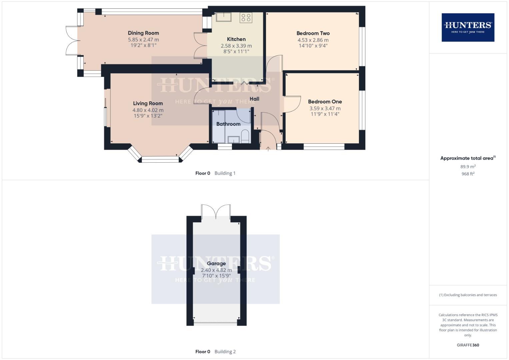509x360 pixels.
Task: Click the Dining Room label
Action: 143,33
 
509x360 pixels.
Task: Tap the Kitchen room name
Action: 236,39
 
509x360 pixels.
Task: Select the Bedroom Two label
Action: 313,33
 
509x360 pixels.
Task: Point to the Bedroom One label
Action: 325,102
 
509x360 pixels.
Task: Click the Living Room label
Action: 148,103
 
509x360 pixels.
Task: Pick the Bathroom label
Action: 228,124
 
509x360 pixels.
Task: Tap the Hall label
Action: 254,99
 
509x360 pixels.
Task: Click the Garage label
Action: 216,263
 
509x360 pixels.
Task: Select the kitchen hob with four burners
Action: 246,18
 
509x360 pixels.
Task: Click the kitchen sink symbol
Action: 224,17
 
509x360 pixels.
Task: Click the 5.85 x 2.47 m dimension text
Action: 143,40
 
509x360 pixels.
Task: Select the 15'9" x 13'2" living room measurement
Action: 148,116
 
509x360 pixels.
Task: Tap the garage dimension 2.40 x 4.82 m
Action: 216,270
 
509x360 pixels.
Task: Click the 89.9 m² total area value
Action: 468,167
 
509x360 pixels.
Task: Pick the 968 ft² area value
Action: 468,174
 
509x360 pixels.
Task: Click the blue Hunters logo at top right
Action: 468,27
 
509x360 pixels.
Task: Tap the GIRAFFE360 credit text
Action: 468,345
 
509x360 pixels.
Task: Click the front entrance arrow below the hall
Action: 268,148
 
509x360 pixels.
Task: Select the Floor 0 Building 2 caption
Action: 215,351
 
